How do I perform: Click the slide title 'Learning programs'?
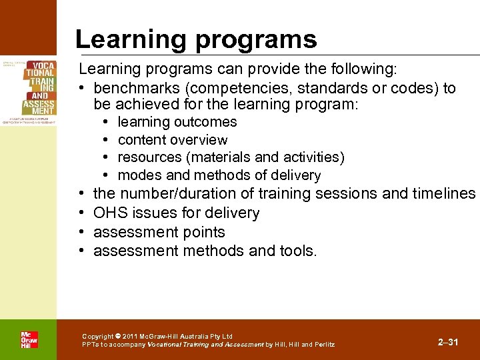pos(196,39)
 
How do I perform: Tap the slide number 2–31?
pos(448,342)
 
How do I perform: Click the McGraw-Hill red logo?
pos(29,339)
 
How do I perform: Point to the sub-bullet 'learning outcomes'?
pos(177,122)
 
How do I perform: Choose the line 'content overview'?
pos(173,140)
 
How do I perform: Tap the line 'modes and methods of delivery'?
pos(219,175)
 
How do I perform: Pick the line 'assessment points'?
pos(159,232)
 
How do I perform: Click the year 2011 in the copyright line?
pos(131,337)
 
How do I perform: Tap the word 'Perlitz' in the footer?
pos(325,345)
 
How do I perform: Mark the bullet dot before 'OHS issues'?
pos(80,213)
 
